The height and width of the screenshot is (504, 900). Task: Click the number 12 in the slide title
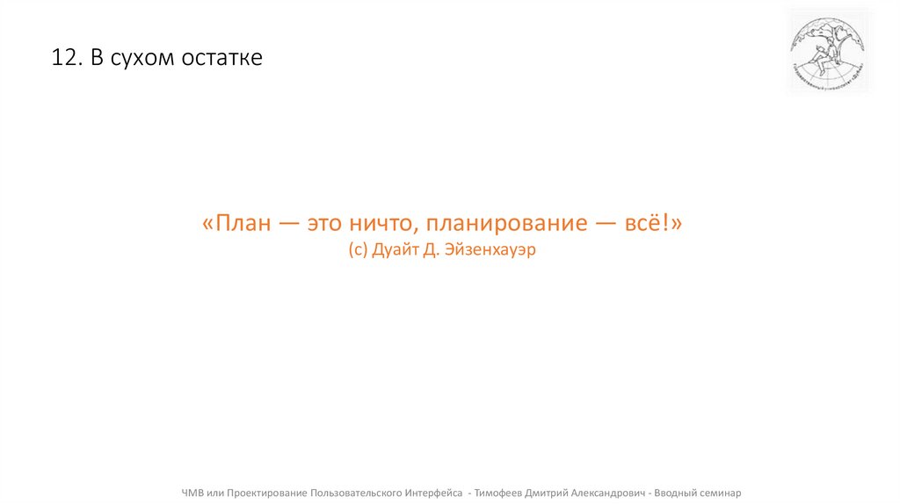click(63, 59)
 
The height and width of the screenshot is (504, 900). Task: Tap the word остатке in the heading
click(221, 59)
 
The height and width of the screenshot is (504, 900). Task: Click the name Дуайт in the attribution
click(396, 250)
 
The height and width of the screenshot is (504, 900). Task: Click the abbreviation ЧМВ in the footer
click(194, 493)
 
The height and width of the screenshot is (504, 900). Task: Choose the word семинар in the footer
click(720, 493)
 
